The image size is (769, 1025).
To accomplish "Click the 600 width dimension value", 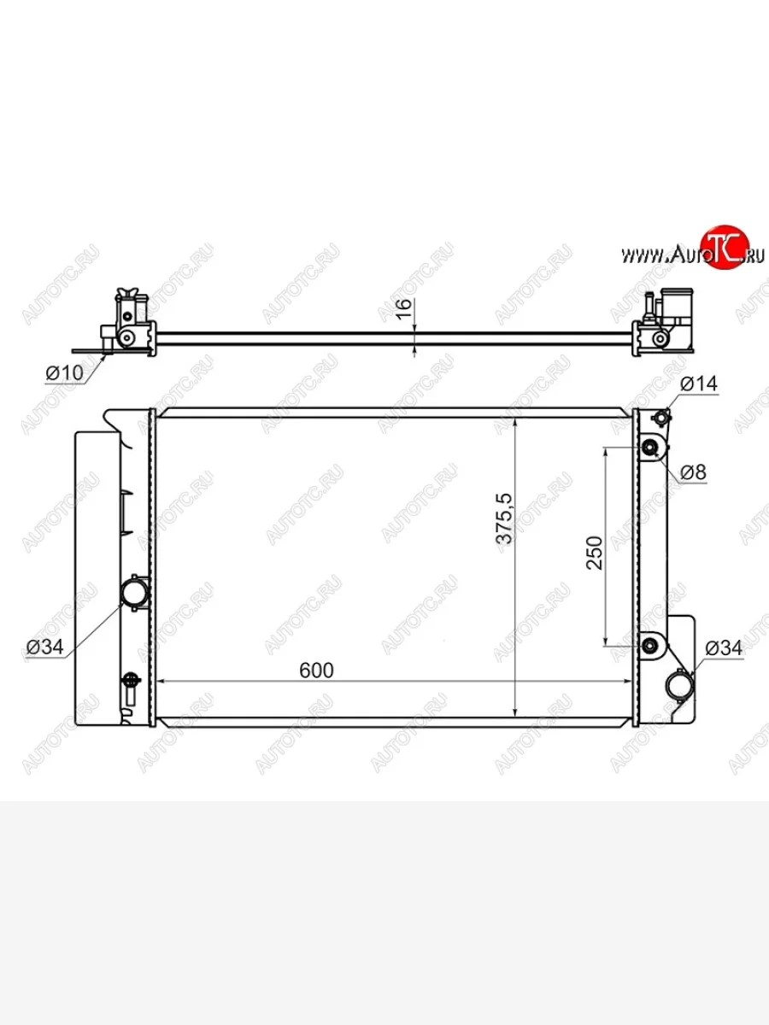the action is [x=316, y=671].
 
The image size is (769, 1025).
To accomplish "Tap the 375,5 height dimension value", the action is [x=504, y=518].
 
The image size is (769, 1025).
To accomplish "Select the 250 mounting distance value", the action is [x=595, y=553].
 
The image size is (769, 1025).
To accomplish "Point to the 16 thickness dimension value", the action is [x=404, y=308].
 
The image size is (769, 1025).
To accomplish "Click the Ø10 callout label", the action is [x=64, y=372].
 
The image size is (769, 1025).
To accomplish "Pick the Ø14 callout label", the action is [x=699, y=384].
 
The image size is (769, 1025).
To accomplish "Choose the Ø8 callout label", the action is [x=693, y=472].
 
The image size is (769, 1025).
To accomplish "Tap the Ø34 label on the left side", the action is [x=44, y=647].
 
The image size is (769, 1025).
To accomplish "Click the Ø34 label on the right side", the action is [x=723, y=648].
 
